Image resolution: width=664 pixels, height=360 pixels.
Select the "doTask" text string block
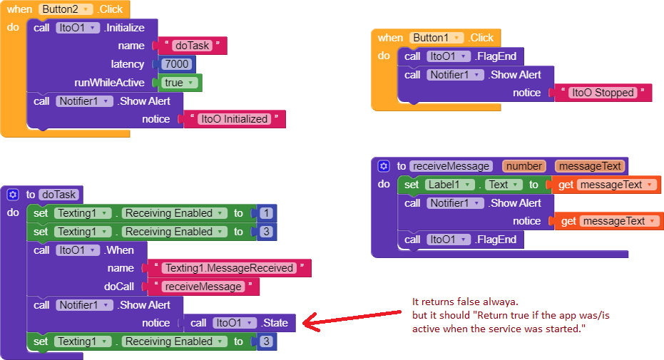pos(191,46)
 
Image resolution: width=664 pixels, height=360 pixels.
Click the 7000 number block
pos(175,64)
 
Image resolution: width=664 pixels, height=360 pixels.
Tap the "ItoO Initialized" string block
pos(235,119)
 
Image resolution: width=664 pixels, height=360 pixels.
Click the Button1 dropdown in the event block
pos(436,38)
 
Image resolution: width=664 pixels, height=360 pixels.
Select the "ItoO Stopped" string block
pos(602,93)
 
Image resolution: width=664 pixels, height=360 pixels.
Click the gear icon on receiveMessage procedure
pos(384,166)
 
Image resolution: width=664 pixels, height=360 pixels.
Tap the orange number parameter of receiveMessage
pos(524,166)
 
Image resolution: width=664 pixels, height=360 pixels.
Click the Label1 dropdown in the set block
pos(450,185)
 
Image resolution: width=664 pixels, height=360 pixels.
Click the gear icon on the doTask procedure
pos(13,195)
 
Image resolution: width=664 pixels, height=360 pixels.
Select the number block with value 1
pos(264,213)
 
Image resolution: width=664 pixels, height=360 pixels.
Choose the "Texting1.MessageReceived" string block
pos(229,268)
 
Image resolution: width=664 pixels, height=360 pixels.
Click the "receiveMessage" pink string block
pos(203,287)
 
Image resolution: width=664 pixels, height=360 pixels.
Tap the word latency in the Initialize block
pos(127,64)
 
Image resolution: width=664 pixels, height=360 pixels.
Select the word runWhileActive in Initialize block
pos(109,83)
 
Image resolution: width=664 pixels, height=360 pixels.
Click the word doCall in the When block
pos(119,287)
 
